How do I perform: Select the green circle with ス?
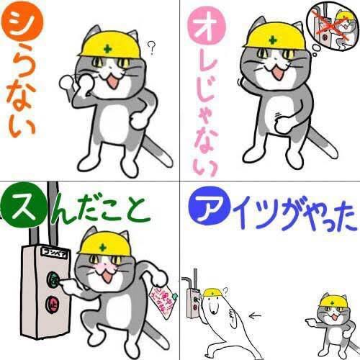pyautogui.click(x=19, y=207)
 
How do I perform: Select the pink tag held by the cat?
pyautogui.click(x=158, y=302)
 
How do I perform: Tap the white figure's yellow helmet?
pyautogui.click(x=212, y=292)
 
